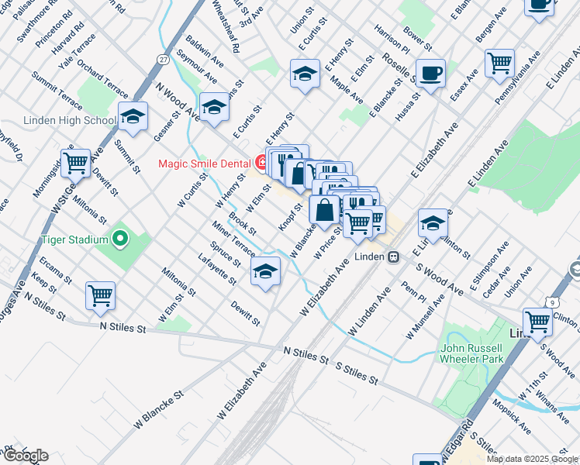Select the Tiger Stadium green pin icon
click(x=119, y=239)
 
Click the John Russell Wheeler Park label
click(x=473, y=353)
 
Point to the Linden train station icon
click(x=394, y=256)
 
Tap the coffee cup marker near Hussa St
click(x=430, y=74)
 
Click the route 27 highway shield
click(x=162, y=60)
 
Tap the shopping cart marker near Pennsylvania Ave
click(x=500, y=63)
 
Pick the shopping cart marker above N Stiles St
click(x=101, y=294)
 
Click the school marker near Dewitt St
click(x=265, y=272)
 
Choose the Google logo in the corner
click(x=25, y=456)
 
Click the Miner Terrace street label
click(x=233, y=239)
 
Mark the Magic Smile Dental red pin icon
click(x=261, y=163)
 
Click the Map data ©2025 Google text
click(x=532, y=459)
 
